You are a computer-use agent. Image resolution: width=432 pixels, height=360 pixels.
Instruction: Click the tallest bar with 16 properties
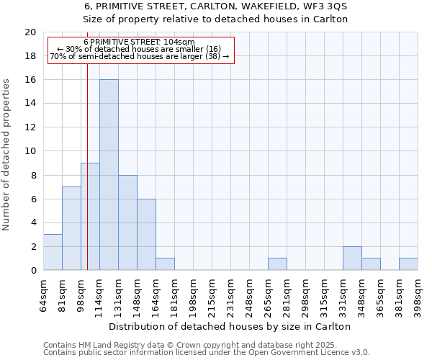(109, 175)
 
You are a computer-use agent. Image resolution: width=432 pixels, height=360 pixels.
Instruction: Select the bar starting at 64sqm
(53, 252)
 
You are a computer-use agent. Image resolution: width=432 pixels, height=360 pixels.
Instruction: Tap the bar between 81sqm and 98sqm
(71, 228)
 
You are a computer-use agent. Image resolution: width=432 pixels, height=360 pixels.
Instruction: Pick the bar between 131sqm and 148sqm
(127, 222)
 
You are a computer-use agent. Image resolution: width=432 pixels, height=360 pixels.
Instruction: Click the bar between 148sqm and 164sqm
(146, 235)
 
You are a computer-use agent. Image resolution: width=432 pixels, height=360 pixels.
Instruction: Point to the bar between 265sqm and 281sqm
(277, 264)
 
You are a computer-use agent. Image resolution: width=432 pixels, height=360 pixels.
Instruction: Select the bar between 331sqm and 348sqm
(352, 258)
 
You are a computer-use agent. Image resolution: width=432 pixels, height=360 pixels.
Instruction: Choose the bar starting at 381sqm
(408, 264)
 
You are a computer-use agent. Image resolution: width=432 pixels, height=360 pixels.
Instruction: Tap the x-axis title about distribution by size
(230, 326)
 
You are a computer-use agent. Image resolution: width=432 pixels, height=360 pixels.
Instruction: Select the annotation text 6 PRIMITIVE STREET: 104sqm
(139, 42)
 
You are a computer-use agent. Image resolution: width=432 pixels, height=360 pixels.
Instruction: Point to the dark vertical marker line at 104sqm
(87, 180)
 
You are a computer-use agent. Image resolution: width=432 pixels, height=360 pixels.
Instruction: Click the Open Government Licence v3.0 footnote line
(207, 353)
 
